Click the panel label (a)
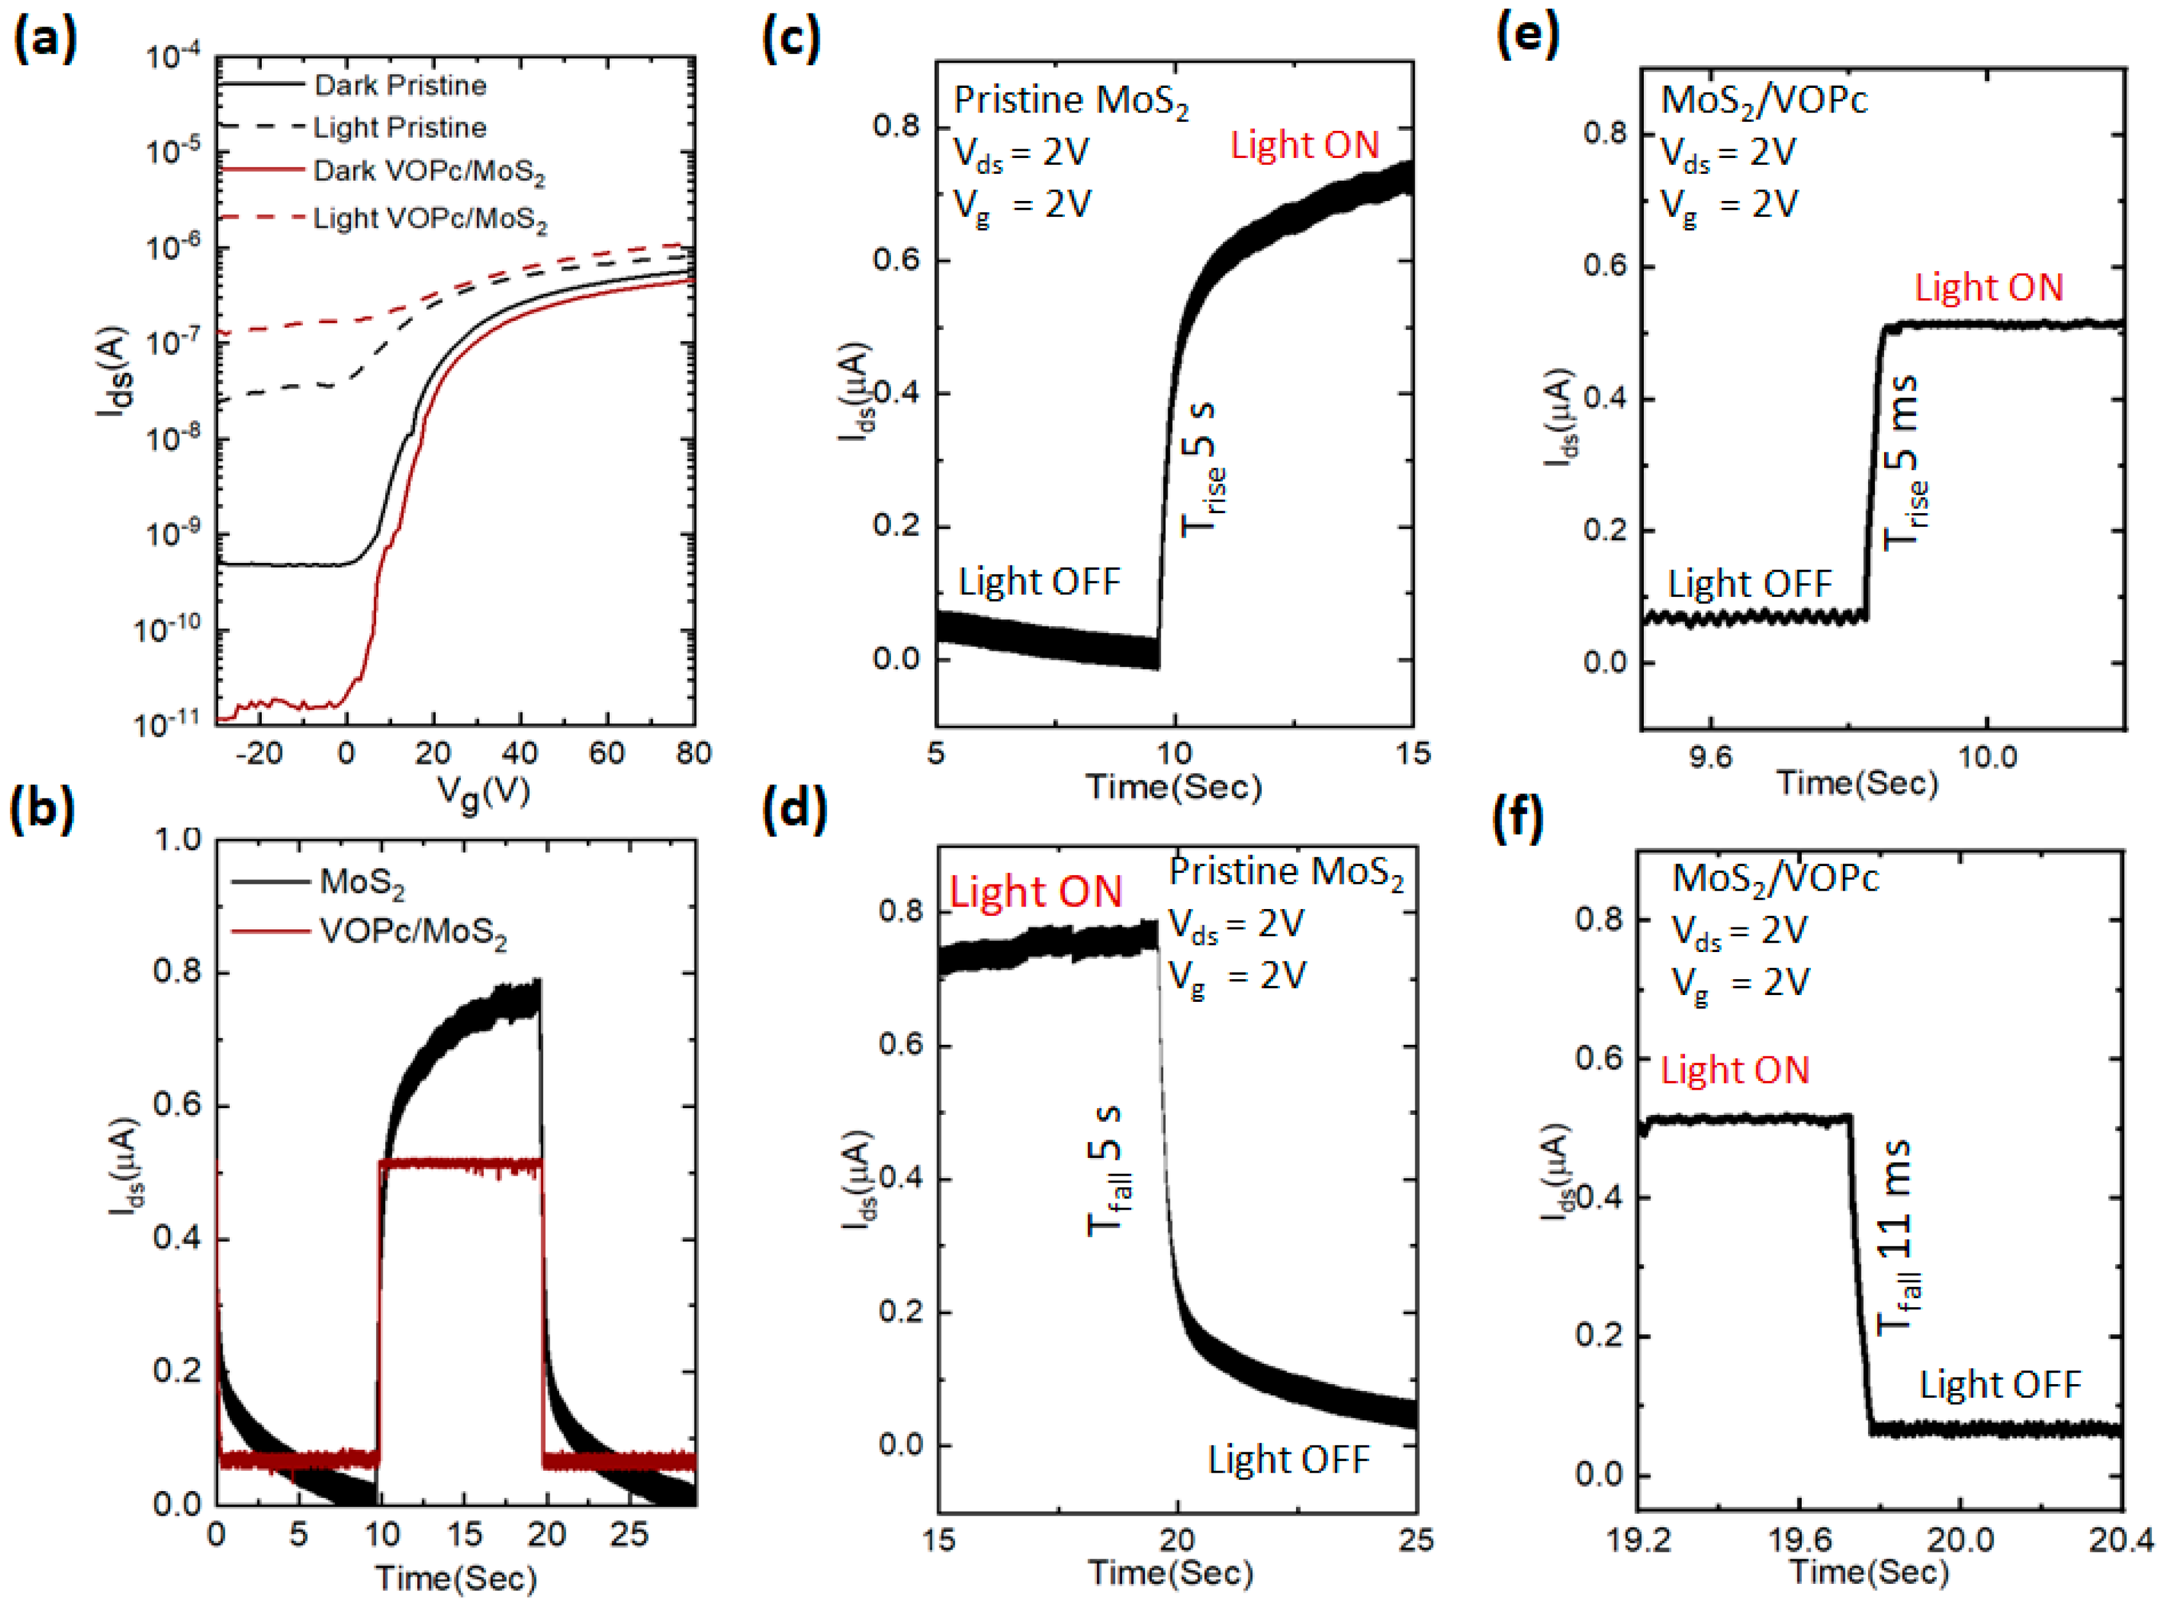point(44,40)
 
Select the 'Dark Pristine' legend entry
point(399,85)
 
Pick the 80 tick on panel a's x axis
point(693,754)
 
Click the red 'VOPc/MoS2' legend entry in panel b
point(412,932)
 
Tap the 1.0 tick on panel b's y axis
point(177,839)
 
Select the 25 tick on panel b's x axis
point(628,1535)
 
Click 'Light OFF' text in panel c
point(1038,581)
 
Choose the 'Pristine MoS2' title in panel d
point(1285,872)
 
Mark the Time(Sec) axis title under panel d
point(1171,1573)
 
